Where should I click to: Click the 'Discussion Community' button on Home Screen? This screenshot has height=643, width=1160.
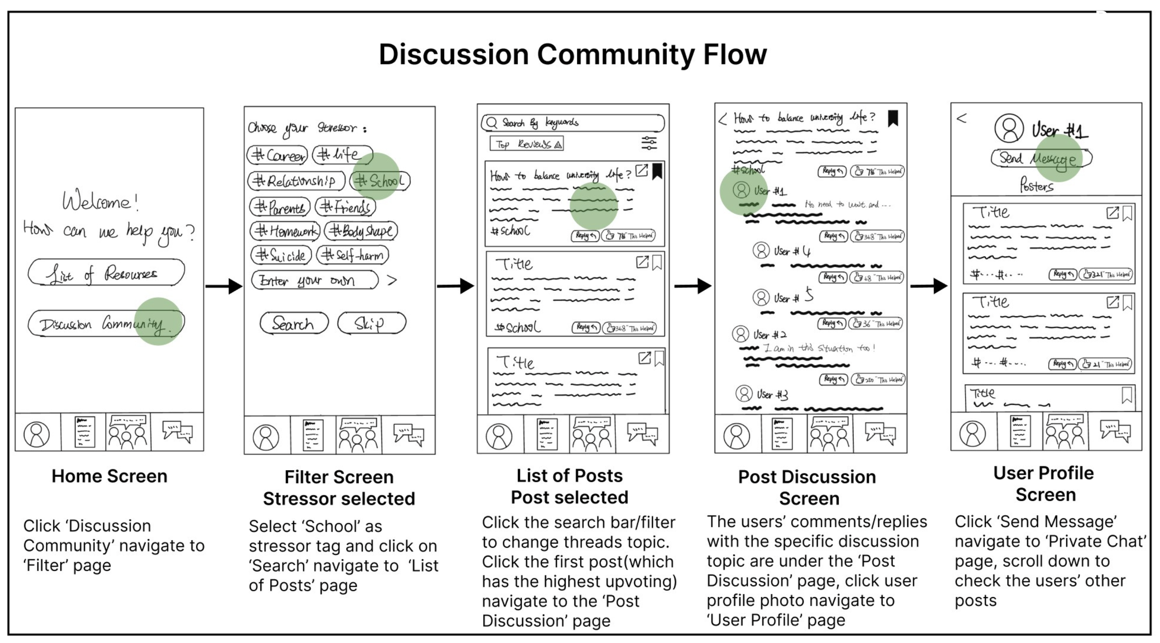point(106,323)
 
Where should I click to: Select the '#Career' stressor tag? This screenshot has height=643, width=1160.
point(277,155)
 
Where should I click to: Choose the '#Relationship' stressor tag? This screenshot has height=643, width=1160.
point(296,181)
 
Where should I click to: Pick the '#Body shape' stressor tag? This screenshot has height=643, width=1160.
point(361,231)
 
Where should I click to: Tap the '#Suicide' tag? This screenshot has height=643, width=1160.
point(281,255)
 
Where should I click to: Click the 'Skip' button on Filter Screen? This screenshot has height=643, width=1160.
point(371,323)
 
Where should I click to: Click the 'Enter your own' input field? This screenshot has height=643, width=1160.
point(315,280)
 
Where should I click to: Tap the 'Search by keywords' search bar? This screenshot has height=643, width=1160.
point(573,123)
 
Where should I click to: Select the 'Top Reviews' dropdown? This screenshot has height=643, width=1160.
point(527,144)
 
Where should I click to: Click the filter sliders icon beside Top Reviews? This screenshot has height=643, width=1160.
point(649,143)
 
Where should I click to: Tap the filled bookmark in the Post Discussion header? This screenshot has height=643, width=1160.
point(893,119)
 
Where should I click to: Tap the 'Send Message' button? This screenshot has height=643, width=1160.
point(1041,159)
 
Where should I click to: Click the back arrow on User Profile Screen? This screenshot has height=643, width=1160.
point(961,118)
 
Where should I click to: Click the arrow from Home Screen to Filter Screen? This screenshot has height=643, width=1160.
point(224,286)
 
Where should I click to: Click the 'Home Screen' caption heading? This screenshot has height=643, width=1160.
point(110,476)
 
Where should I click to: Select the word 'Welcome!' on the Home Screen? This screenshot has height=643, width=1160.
point(100,202)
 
